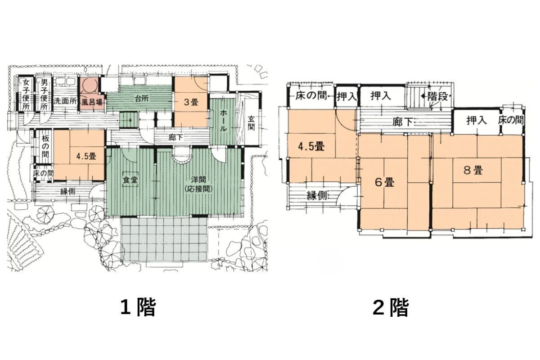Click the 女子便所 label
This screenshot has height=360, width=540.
[26, 94]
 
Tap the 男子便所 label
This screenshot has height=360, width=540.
[44, 94]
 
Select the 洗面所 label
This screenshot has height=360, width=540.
[65, 101]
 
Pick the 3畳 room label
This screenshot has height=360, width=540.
[191, 102]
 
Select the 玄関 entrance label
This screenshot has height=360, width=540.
[251, 123]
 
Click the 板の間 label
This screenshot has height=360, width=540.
[45, 146]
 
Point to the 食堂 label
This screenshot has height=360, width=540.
[130, 179]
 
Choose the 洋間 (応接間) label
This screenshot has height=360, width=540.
[198, 184]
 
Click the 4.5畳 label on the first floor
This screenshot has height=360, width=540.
[86, 157]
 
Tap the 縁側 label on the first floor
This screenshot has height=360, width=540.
[68, 191]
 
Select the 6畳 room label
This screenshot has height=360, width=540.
[384, 182]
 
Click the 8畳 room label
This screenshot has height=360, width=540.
[473, 171]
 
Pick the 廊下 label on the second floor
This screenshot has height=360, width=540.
[402, 122]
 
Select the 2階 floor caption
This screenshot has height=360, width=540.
[391, 307]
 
